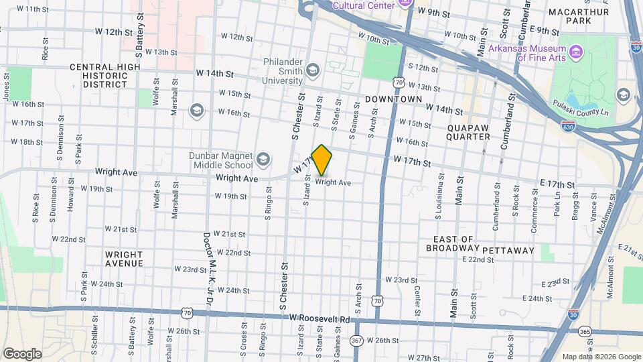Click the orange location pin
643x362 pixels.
pos(322,160)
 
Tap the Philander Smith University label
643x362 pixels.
pos(269,75)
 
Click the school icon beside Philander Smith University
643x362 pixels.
pos(312,70)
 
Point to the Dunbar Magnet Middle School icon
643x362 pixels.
pos(263,160)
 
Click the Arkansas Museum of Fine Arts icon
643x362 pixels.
pos(575,52)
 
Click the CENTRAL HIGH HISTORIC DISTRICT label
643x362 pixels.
pos(98,76)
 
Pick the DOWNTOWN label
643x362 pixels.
pos(394,99)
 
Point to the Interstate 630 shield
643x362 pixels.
pos(567,125)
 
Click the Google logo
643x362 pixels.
pos(22,353)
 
